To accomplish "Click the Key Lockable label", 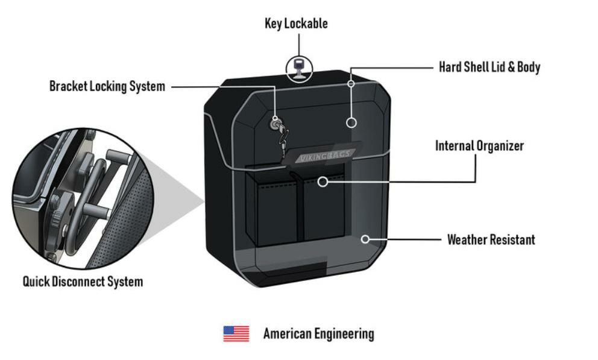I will tap(296, 24).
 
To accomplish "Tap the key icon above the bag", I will tap(298, 67).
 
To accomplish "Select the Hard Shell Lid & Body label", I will tap(489, 67).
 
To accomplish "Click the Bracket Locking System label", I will tap(107, 86).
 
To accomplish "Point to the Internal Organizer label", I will tap(479, 146).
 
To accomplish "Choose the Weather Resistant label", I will tap(491, 240).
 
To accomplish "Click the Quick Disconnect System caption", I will tap(83, 282).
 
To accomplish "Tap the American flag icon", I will tap(236, 333).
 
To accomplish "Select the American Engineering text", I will tap(318, 334).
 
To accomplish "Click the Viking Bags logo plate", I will tap(326, 156).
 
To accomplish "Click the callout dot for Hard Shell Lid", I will tap(352, 122).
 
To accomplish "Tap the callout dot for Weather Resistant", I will tap(365, 239).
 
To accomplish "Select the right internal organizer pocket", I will tap(324, 208).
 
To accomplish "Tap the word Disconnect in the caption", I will tap(83, 282).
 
